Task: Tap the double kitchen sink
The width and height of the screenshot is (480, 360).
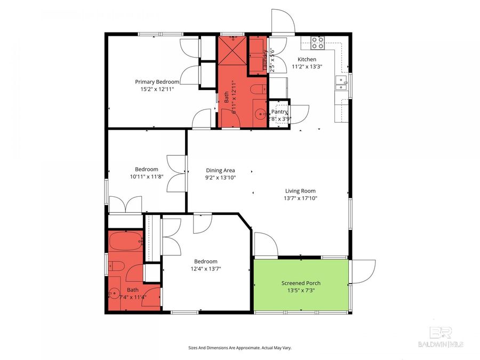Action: click(341, 82)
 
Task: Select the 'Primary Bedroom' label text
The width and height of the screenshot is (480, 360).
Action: click(157, 82)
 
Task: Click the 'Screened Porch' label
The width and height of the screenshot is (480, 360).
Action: click(301, 283)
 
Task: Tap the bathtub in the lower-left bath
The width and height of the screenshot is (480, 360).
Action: click(126, 242)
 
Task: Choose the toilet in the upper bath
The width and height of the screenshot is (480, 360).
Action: click(259, 89)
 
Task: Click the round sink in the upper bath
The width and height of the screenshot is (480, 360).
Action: click(260, 113)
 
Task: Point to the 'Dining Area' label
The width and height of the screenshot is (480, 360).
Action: click(221, 170)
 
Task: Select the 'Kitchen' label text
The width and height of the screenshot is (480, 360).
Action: click(307, 59)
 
